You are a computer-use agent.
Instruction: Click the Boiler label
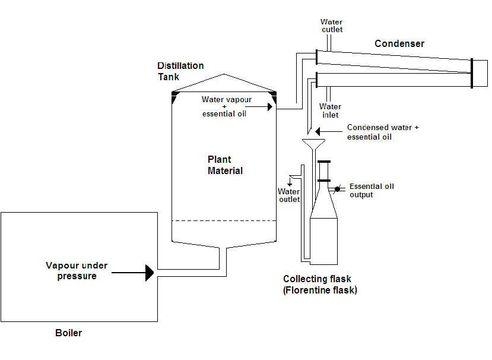68,333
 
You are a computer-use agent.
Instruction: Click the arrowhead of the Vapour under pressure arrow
150,273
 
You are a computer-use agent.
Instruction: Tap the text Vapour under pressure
77,271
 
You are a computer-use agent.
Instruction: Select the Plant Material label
225,165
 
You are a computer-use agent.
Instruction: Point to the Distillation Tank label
180,71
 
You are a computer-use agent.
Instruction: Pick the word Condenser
399,44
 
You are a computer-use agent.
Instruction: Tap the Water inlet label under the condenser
330,110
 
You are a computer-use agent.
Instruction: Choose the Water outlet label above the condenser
332,26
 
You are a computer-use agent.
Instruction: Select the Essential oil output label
372,190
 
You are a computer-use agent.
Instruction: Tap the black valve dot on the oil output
337,190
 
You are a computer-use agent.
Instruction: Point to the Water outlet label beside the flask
289,195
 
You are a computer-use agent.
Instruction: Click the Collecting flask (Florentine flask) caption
320,285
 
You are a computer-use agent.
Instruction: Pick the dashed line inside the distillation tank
224,221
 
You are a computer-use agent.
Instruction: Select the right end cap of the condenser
471,73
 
